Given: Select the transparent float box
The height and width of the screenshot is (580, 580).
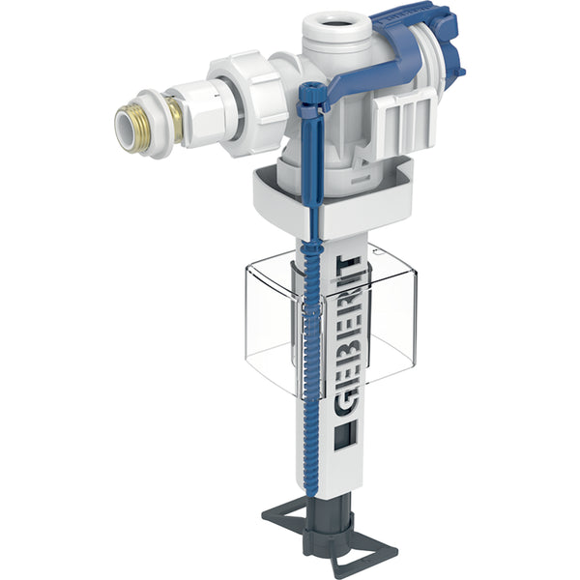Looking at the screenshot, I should point(377,319).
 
